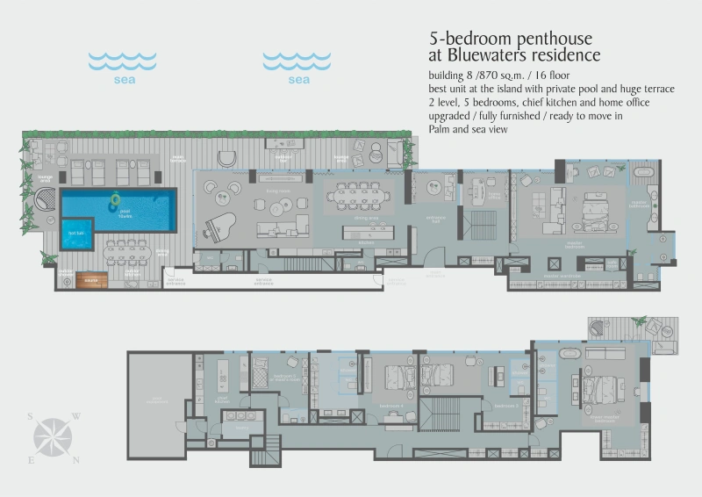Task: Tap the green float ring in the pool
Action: pyautogui.click(x=115, y=204)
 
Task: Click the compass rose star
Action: pyautogui.click(x=54, y=436)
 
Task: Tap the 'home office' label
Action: pyautogui.click(x=494, y=196)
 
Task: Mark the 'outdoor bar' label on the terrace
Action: pyautogui.click(x=283, y=159)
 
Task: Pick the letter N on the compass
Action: pyautogui.click(x=76, y=459)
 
